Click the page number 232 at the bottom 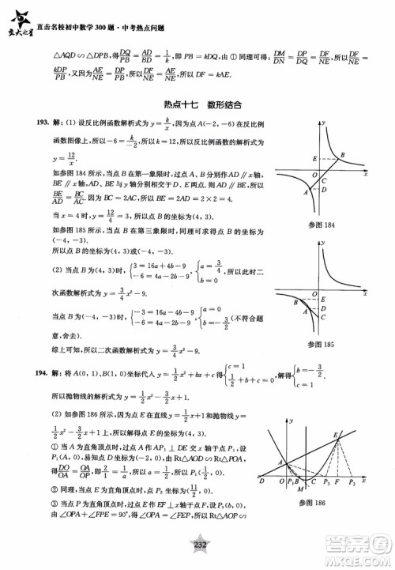pos(197,556)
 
